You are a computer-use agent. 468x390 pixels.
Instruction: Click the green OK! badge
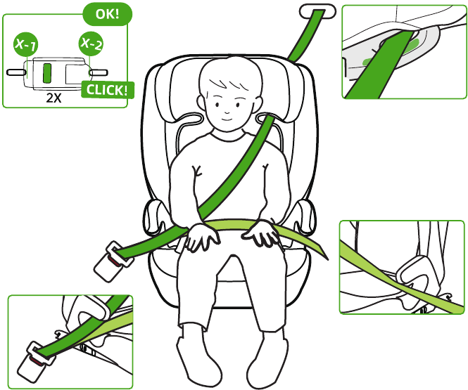(x=107, y=14)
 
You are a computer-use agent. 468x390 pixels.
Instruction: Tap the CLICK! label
(x=108, y=90)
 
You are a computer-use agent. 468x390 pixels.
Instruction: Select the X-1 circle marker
(x=25, y=44)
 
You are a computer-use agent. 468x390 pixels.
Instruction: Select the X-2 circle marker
(x=91, y=44)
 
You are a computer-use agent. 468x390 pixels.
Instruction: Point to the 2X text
(x=53, y=98)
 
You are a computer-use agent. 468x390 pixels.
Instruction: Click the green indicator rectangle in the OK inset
(x=47, y=73)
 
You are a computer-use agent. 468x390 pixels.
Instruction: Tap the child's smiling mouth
(x=227, y=119)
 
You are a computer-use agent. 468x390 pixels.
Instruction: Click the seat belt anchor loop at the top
(x=317, y=11)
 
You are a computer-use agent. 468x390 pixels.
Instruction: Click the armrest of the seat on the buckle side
(x=155, y=217)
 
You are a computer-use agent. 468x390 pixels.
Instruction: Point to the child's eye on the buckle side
(x=217, y=105)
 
